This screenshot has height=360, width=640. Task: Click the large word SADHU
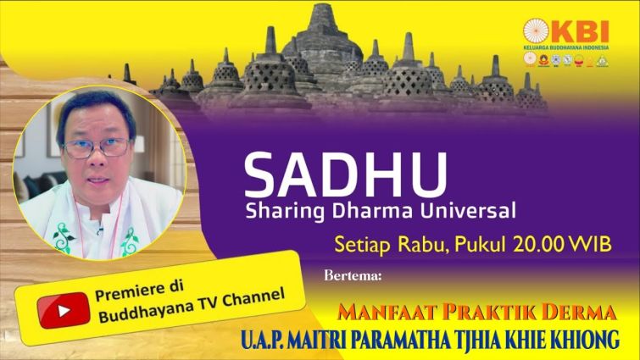click(345, 175)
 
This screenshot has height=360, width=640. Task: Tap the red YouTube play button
click(64, 310)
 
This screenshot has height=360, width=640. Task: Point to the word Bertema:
click(353, 275)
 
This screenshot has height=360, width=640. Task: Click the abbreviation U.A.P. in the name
click(262, 340)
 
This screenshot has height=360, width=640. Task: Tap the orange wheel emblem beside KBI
click(536, 31)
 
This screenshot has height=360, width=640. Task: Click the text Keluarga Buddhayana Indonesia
click(565, 47)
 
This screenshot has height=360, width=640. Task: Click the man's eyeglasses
click(97, 147)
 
